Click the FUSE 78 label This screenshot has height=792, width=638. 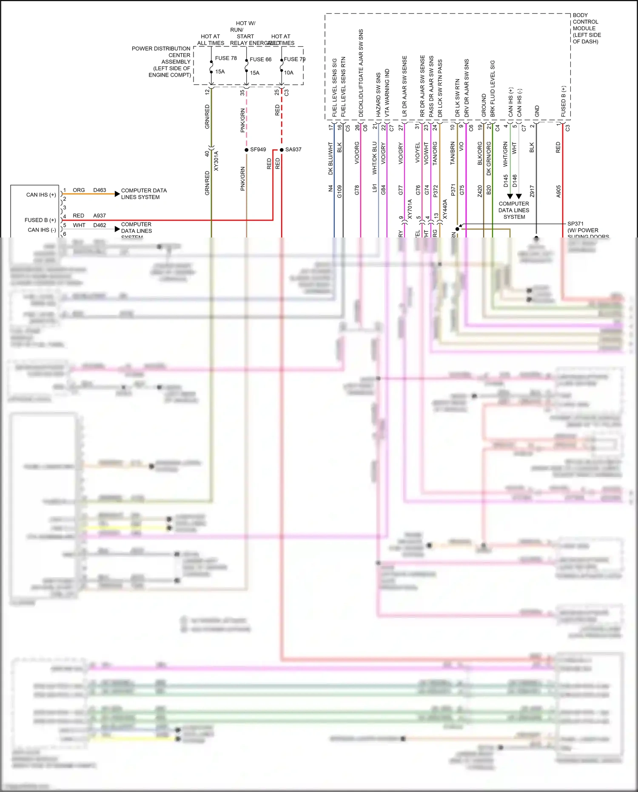(225, 58)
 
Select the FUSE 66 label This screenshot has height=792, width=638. (260, 59)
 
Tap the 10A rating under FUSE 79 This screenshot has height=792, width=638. (288, 73)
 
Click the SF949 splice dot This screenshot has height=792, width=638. (246, 150)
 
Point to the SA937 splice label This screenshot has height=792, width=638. (293, 149)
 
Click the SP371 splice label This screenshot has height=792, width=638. (575, 223)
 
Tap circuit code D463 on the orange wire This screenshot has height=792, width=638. (100, 190)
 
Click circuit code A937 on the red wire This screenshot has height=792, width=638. (99, 216)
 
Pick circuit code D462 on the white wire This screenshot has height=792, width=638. (100, 225)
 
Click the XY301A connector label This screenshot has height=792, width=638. (216, 161)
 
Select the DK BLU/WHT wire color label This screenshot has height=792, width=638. (330, 158)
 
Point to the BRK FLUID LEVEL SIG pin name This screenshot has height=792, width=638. (493, 89)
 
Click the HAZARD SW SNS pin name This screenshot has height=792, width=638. (379, 94)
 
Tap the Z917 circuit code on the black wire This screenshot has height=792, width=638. (532, 191)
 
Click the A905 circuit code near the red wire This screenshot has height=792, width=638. (558, 191)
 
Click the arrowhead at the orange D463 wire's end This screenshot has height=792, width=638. (117, 194)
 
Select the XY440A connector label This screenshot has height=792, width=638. (445, 209)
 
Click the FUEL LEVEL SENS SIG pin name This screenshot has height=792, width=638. (334, 87)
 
